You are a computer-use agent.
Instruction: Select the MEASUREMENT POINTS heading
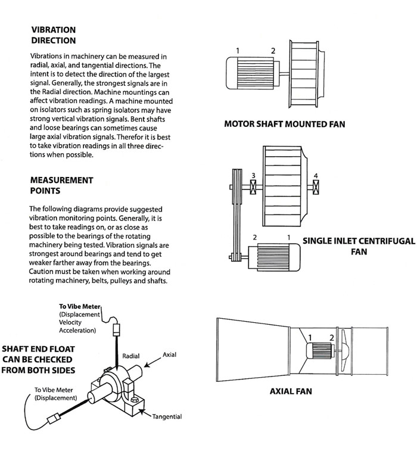click(x=61, y=185)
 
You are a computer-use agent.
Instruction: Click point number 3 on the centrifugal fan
click(x=253, y=175)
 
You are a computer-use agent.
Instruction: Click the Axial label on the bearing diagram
click(x=170, y=354)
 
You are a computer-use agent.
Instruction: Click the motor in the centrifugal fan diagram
click(x=275, y=256)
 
